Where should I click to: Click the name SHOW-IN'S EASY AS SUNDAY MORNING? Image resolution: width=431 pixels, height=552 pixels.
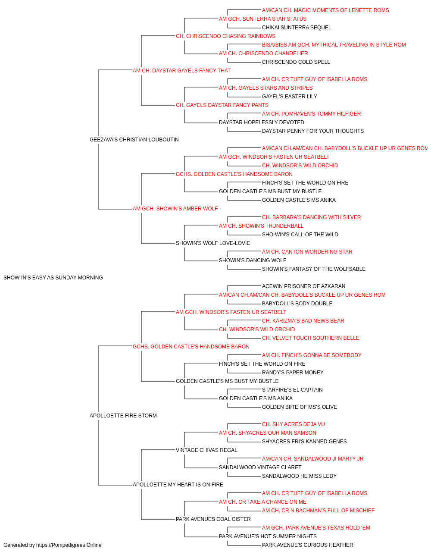(53, 278)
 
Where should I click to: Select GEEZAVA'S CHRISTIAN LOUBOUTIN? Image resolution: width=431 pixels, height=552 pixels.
(134, 140)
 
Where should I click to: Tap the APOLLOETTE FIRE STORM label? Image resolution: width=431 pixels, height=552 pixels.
(123, 416)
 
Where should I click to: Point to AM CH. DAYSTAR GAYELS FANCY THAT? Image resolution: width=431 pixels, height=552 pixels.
(181, 71)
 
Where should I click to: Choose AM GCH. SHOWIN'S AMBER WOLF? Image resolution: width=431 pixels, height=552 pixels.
(175, 209)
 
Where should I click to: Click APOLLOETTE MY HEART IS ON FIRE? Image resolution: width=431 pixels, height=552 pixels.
(178, 485)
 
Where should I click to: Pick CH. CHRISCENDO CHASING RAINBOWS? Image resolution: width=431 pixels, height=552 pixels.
(226, 36)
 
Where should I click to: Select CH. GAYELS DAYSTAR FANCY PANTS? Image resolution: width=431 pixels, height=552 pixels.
(222, 105)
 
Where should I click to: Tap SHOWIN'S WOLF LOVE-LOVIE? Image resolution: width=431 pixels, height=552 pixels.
(213, 243)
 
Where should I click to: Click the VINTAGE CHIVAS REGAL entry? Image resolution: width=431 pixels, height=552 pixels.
(206, 450)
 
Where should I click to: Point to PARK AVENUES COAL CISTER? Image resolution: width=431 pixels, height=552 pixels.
(213, 519)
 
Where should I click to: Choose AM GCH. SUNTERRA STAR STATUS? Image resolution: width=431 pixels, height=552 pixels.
(263, 19)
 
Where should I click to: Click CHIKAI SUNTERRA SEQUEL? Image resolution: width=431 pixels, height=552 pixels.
(297, 28)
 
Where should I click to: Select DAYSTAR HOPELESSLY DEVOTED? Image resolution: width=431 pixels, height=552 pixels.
(262, 122)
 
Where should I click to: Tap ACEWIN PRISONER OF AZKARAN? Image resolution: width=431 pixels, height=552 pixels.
(303, 286)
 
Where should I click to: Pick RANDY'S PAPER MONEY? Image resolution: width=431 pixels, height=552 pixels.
(293, 373)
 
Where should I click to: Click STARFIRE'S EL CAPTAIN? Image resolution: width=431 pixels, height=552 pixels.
(292, 390)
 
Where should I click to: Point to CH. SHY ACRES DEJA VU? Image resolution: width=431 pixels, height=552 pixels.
(294, 424)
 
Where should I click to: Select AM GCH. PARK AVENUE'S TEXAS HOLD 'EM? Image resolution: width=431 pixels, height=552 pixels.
(316, 528)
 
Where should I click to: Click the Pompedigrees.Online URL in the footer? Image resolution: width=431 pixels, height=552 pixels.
(69, 545)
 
